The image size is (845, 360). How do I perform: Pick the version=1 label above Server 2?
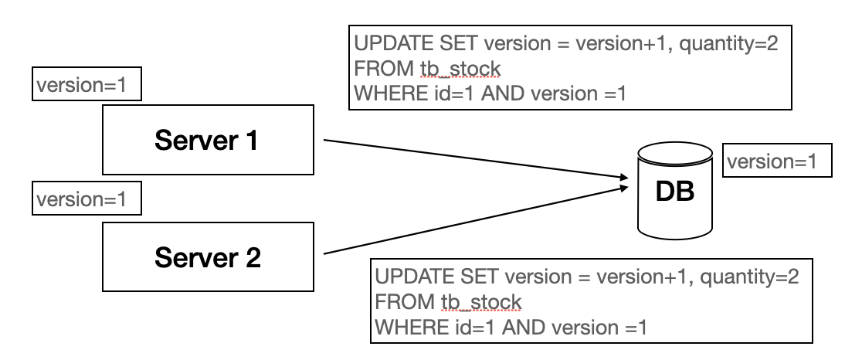[86, 201]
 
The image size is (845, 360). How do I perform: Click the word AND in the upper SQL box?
[501, 93]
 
